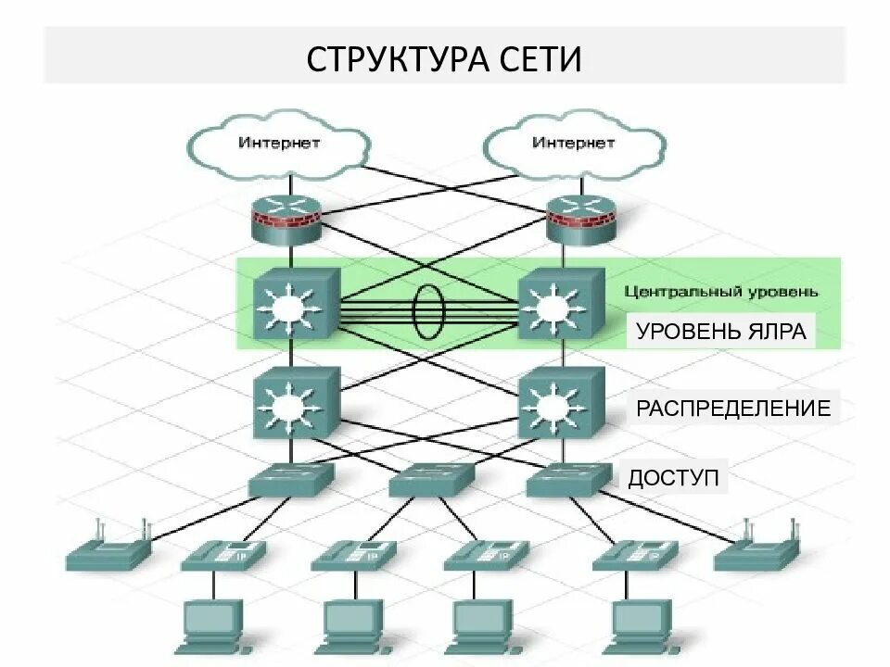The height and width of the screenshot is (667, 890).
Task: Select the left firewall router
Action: pyautogui.click(x=287, y=220)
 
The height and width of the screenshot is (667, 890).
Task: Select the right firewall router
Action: pyautogui.click(x=579, y=220)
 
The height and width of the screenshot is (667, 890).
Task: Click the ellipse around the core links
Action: pyautogui.click(x=427, y=310)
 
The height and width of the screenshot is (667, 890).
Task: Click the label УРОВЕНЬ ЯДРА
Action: pyautogui.click(x=721, y=332)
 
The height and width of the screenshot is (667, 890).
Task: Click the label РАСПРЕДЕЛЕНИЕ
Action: pyautogui.click(x=732, y=408)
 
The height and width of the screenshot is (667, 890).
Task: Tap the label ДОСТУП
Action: pyautogui.click(x=673, y=478)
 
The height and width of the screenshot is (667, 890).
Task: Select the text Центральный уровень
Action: pyautogui.click(x=720, y=292)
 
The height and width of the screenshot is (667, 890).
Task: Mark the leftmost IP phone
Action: pyautogui.click(x=222, y=554)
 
